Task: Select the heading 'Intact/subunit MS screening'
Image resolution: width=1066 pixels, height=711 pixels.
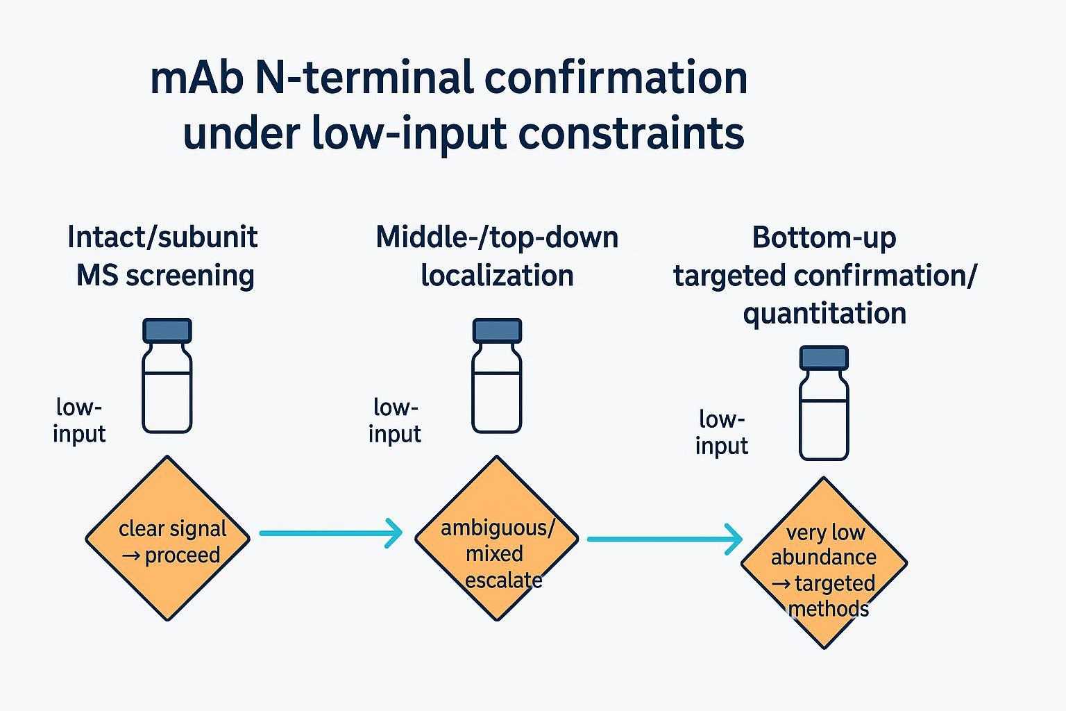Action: [x=164, y=256]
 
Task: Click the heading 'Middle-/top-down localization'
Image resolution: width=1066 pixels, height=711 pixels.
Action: [x=496, y=256]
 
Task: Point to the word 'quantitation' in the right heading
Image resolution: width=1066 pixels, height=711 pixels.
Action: [x=824, y=313]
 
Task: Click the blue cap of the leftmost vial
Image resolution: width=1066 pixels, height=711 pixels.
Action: [x=167, y=331]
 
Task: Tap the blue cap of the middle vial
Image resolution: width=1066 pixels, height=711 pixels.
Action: [x=497, y=331]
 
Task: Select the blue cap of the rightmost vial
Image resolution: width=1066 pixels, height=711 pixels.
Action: [x=824, y=358]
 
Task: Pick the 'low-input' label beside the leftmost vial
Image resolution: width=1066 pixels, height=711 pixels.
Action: [x=79, y=420]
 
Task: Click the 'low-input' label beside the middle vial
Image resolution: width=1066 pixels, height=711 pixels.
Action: [x=395, y=420]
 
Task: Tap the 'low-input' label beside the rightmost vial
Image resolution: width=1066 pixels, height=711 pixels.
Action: [x=722, y=432]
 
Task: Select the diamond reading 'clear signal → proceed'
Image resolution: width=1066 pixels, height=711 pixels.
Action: [x=167, y=538]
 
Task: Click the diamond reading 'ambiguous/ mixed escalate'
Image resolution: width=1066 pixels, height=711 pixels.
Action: [x=497, y=538]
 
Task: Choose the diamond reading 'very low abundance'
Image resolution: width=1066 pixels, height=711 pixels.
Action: [x=824, y=562]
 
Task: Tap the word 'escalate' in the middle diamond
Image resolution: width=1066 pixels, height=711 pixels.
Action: [x=504, y=580]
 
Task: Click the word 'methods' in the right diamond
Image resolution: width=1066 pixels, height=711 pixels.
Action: [x=829, y=609]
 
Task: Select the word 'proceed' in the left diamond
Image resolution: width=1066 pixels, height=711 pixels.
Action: [x=183, y=555]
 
